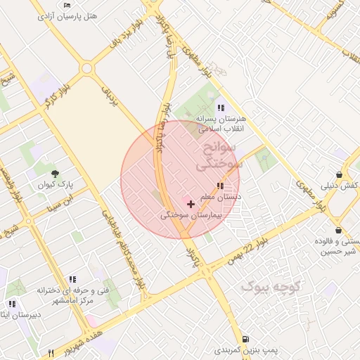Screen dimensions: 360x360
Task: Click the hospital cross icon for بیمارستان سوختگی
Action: [191, 204]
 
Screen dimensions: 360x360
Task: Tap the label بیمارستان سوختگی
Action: [190, 216]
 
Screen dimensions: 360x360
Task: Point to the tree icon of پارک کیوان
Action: [55, 173]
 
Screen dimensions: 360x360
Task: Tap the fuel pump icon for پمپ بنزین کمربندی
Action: [245, 339]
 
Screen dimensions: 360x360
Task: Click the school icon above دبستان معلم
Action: [221, 186]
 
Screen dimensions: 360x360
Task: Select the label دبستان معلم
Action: [220, 198]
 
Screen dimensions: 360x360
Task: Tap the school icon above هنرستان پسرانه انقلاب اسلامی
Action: [221, 108]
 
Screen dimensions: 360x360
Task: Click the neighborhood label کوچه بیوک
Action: [271, 286]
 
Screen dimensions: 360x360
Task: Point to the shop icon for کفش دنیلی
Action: [340, 175]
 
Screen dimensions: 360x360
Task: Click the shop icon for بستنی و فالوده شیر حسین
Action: [338, 231]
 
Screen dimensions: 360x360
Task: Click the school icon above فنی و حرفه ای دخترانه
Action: [72, 279]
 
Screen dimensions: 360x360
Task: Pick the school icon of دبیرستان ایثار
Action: [12, 304]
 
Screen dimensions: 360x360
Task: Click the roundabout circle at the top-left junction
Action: [86, 68]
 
